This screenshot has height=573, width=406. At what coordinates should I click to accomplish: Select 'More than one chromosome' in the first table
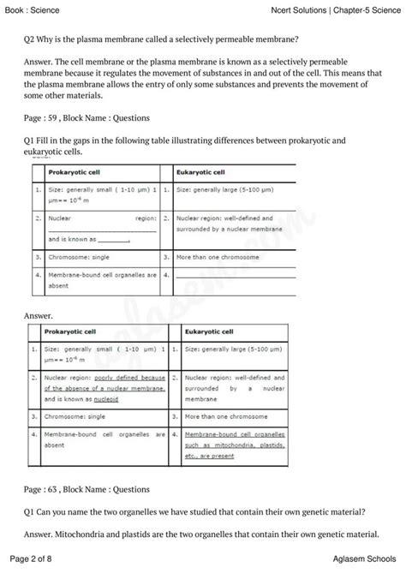point(214,256)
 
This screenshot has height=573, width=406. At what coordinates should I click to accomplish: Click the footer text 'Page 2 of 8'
point(31,558)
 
